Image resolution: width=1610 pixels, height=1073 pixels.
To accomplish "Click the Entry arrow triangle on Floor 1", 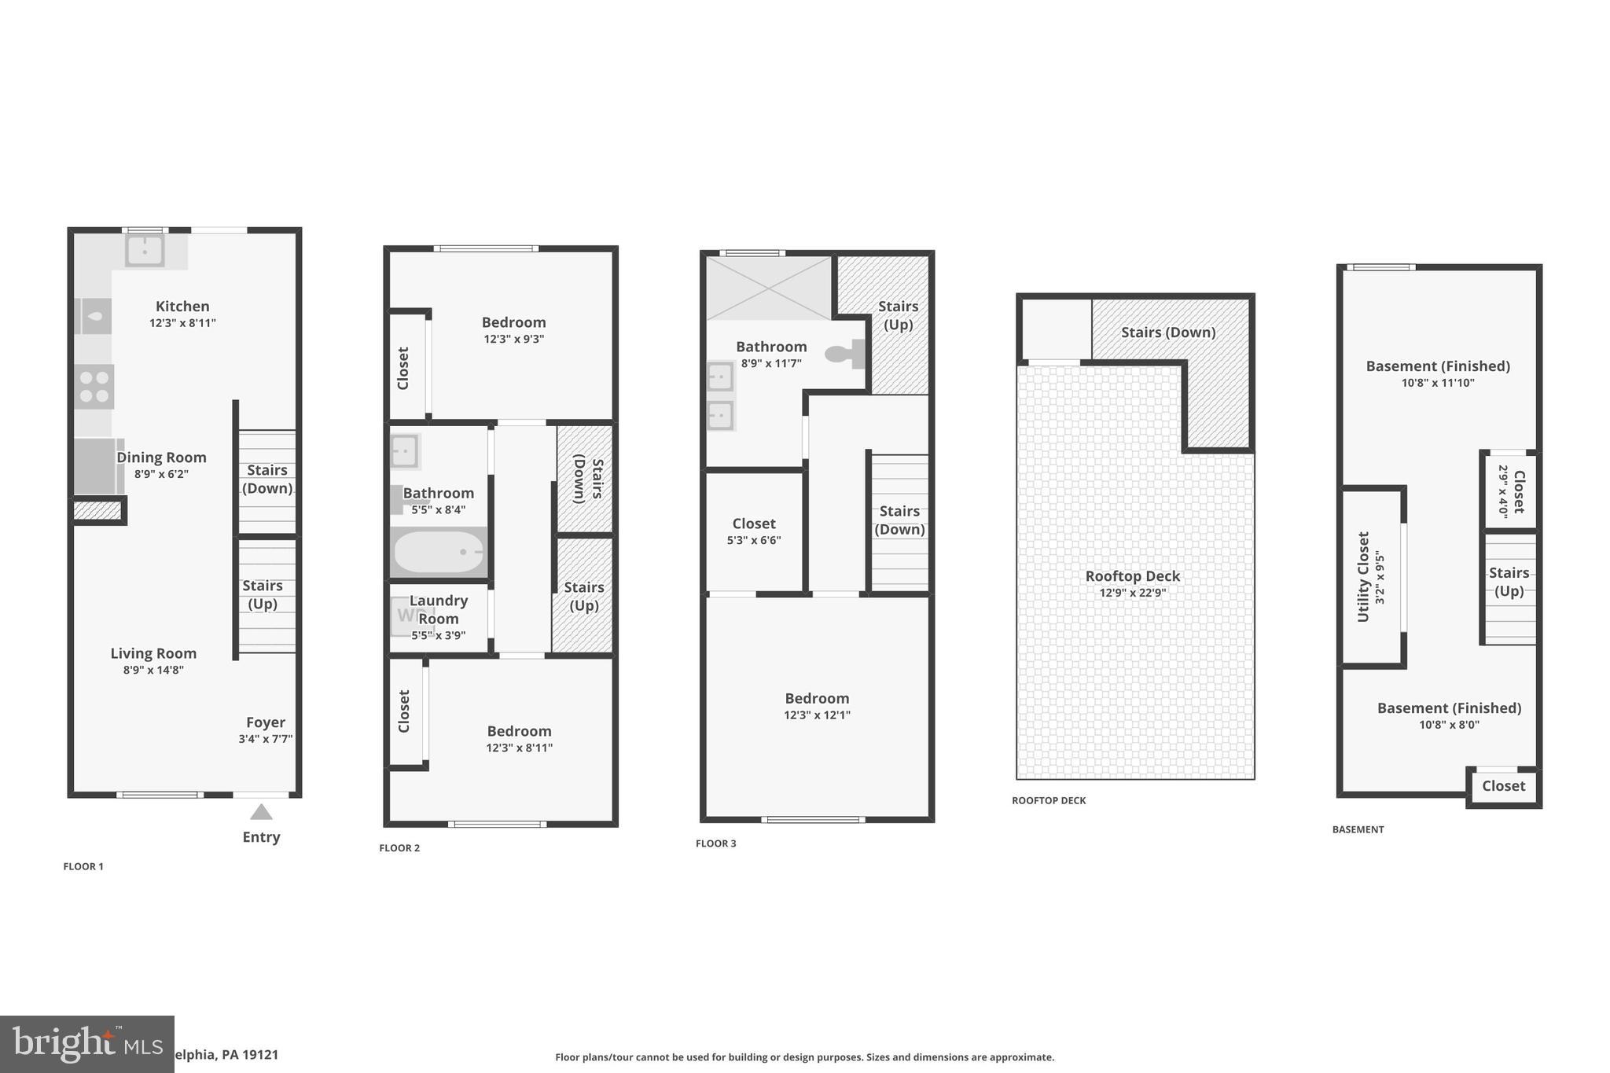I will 261,812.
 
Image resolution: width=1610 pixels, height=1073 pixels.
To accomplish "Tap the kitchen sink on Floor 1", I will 145,251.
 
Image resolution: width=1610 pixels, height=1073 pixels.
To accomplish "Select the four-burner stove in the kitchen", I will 94,387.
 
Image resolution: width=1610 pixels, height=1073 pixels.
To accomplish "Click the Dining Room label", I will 161,457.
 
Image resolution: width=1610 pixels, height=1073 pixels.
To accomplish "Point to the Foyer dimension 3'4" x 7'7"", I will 266,739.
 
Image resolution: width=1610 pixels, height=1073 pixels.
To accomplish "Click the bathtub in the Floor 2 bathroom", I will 439,552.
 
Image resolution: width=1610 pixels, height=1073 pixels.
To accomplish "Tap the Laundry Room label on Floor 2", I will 439,609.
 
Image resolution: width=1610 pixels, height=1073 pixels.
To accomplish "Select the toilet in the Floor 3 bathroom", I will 844,354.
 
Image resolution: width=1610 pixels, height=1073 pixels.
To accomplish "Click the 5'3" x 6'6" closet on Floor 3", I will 754,531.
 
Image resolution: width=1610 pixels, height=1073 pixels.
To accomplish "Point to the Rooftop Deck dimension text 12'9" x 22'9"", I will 1132,593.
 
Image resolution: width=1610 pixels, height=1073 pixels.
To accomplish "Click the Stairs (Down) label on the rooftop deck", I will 1168,333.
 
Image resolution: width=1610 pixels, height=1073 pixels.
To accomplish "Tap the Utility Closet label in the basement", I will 1364,576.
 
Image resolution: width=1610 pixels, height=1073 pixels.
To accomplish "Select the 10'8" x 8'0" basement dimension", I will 1449,725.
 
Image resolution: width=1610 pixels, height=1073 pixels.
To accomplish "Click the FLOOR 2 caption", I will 399,848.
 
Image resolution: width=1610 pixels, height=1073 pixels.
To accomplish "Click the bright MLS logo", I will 86,1044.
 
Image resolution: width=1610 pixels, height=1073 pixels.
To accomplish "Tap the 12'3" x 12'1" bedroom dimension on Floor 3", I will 817,715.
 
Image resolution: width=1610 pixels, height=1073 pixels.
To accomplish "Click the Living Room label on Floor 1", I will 153,653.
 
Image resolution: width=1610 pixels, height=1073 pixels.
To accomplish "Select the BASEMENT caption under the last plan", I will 1358,829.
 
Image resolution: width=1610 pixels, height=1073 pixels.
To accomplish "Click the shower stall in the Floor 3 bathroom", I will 768,288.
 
